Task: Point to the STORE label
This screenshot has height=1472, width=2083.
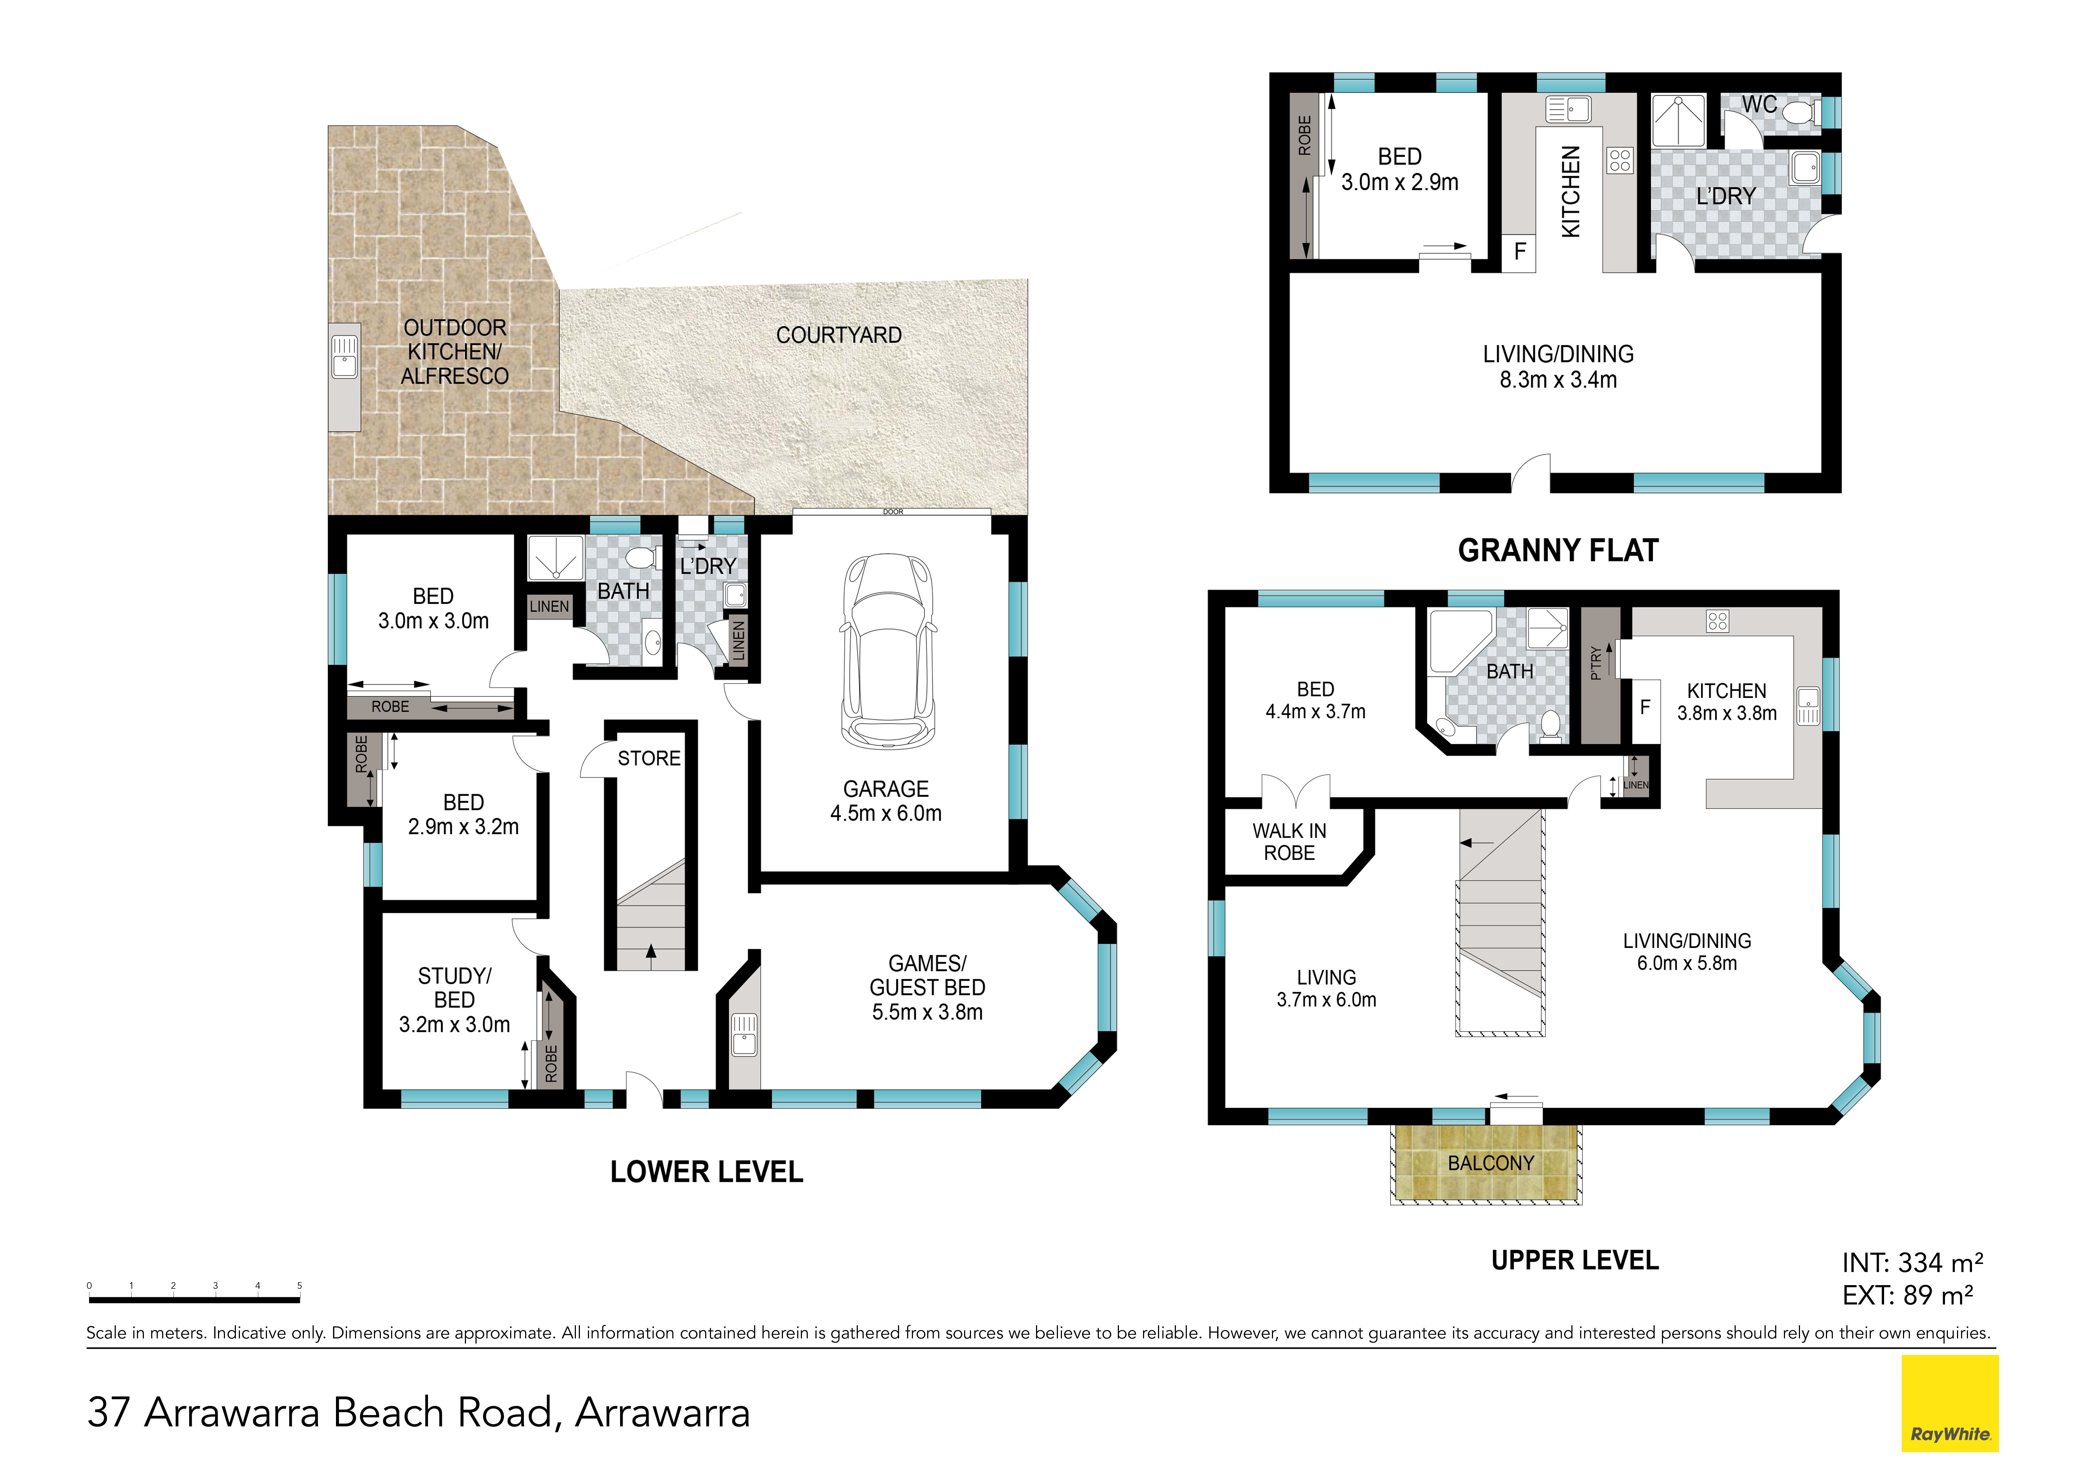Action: [x=649, y=758]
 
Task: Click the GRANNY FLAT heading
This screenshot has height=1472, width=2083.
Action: [x=1558, y=550]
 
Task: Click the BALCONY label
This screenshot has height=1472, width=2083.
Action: [x=1491, y=1163]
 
